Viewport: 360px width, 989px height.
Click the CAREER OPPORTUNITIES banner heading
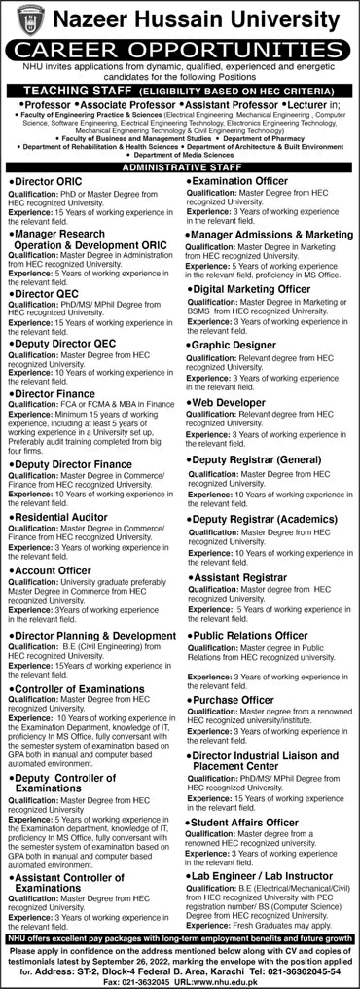coord(180,48)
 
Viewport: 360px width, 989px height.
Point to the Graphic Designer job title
coord(235,344)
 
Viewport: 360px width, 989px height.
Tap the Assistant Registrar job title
coord(242,577)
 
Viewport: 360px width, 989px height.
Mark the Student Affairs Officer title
coord(250,822)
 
